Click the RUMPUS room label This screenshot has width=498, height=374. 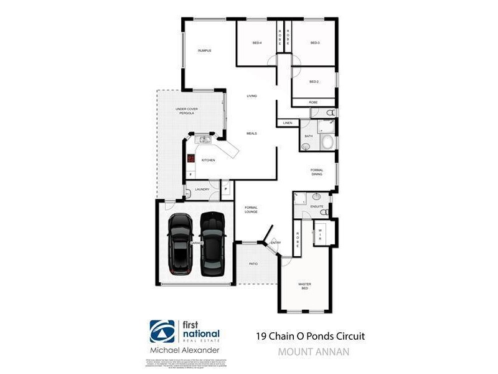(205, 50)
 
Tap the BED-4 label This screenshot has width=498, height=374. (256, 43)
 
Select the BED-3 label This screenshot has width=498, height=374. (314, 43)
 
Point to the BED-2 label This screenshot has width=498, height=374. (314, 82)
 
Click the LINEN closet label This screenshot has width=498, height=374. (287, 123)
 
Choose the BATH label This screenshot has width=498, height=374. (308, 136)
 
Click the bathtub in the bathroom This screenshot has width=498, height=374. (327, 142)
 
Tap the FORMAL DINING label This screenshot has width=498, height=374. (317, 172)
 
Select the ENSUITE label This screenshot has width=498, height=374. (317, 205)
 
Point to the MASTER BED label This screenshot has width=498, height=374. (304, 286)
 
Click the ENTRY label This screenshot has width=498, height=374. (276, 242)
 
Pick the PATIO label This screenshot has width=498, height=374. (253, 264)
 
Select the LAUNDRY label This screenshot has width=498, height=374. (202, 189)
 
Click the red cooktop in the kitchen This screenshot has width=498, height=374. (191, 158)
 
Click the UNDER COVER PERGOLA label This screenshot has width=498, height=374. (186, 112)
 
